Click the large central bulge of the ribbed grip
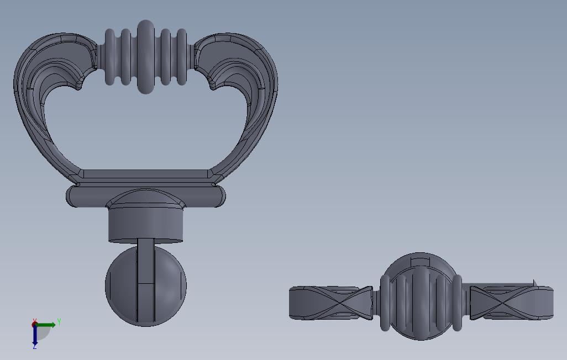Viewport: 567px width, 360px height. click(145, 57)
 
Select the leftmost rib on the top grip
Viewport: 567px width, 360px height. click(110, 57)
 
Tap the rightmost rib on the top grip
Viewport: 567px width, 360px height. click(181, 57)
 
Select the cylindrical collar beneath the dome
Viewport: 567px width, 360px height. click(145, 225)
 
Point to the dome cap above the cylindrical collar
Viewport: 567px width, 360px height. click(145, 199)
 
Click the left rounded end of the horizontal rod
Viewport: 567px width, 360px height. click(72, 196)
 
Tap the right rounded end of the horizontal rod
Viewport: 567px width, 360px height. click(220, 196)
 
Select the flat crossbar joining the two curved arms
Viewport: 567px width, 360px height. click(145, 174)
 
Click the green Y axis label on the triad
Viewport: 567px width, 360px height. click(59, 322)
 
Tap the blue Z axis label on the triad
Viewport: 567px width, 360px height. click(34, 347)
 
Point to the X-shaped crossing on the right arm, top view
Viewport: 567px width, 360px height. click(503, 303)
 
